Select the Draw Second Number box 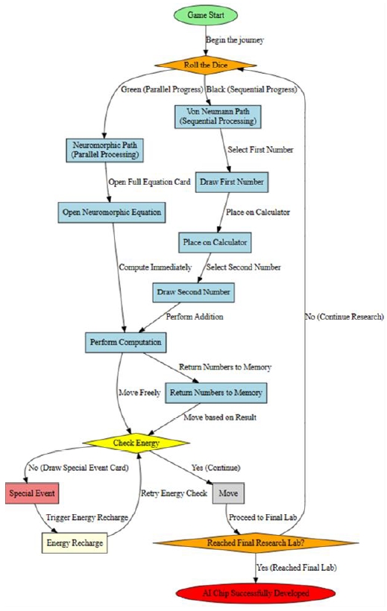point(192,291)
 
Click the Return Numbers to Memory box point(215,391)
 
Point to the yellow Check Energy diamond point(134,443)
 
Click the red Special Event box point(31,493)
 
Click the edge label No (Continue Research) point(343,316)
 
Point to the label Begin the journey point(236,39)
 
